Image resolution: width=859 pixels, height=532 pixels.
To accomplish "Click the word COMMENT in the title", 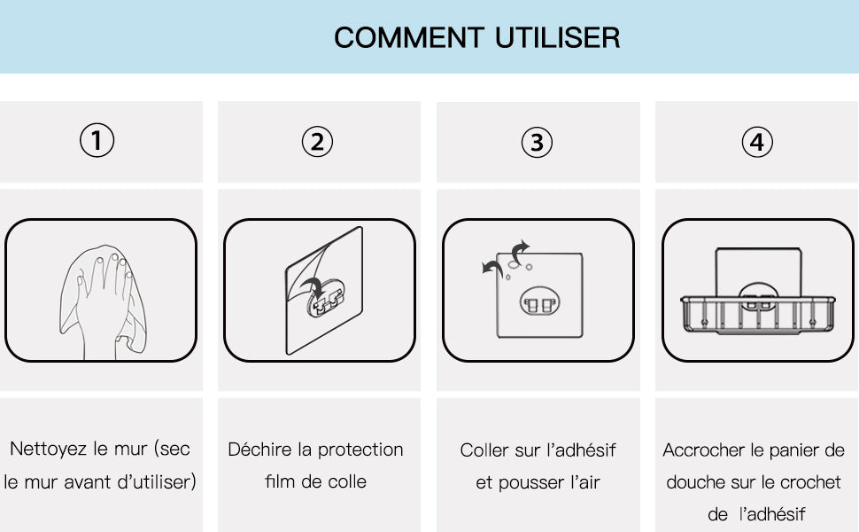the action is [x=408, y=38].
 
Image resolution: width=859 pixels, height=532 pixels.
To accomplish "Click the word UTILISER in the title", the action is [x=557, y=38].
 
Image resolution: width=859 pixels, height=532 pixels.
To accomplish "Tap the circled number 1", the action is [x=97, y=140].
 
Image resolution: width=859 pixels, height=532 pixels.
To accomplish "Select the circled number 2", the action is [x=317, y=142].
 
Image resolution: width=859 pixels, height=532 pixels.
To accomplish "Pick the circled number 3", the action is [x=537, y=143].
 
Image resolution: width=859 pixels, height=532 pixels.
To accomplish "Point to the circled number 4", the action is [x=757, y=142].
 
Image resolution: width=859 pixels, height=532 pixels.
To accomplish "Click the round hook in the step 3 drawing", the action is [x=539, y=302].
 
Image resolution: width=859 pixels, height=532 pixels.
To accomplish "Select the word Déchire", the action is [x=259, y=450].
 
